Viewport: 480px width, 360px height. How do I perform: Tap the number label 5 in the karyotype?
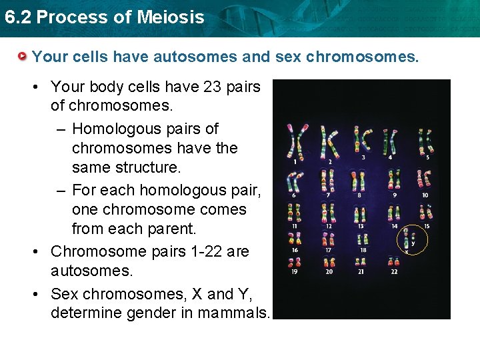[x=427, y=157]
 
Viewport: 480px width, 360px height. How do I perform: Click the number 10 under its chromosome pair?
[x=425, y=195]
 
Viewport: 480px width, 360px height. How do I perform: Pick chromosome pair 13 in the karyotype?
[x=361, y=213]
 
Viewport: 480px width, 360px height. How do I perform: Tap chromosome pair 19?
[x=293, y=262]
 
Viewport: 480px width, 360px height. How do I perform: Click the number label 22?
[x=394, y=272]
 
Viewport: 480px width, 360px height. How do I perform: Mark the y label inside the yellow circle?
[x=413, y=243]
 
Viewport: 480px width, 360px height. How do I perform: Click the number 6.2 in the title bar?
[x=17, y=17]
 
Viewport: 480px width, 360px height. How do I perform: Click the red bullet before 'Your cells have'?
[x=23, y=57]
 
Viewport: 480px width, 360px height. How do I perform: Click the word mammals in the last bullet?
[x=236, y=313]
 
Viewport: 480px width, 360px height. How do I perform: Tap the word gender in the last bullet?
[x=143, y=313]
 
